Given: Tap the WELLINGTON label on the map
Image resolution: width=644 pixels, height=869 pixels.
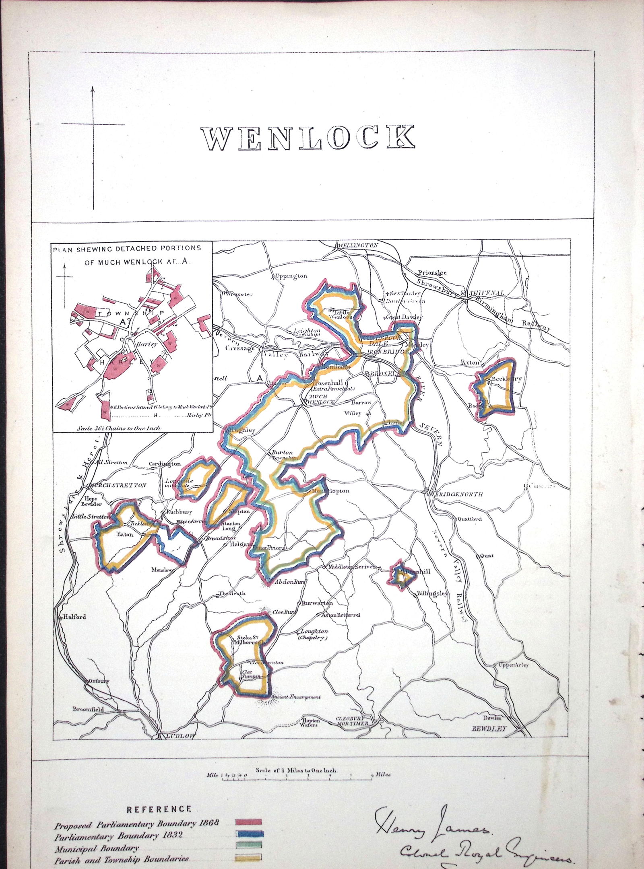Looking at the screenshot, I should pos(358,245).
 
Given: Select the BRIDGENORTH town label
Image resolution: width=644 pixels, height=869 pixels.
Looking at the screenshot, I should pos(459,494).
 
